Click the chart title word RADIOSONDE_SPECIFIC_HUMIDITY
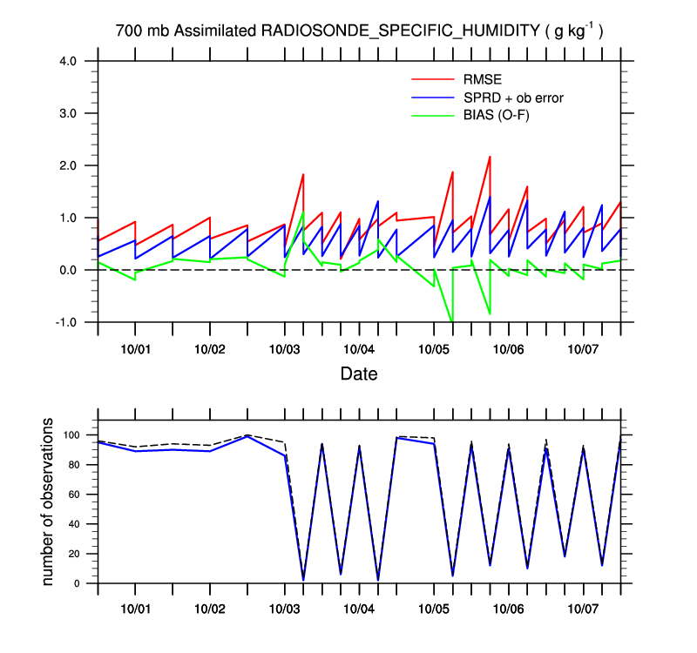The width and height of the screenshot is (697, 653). [x=400, y=31]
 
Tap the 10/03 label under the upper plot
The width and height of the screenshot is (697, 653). [x=285, y=348]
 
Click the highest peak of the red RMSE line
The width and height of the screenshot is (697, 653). [x=490, y=157]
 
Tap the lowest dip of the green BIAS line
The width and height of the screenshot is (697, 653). [x=452, y=321]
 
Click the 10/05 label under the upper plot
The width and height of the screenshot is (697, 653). [x=434, y=348]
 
